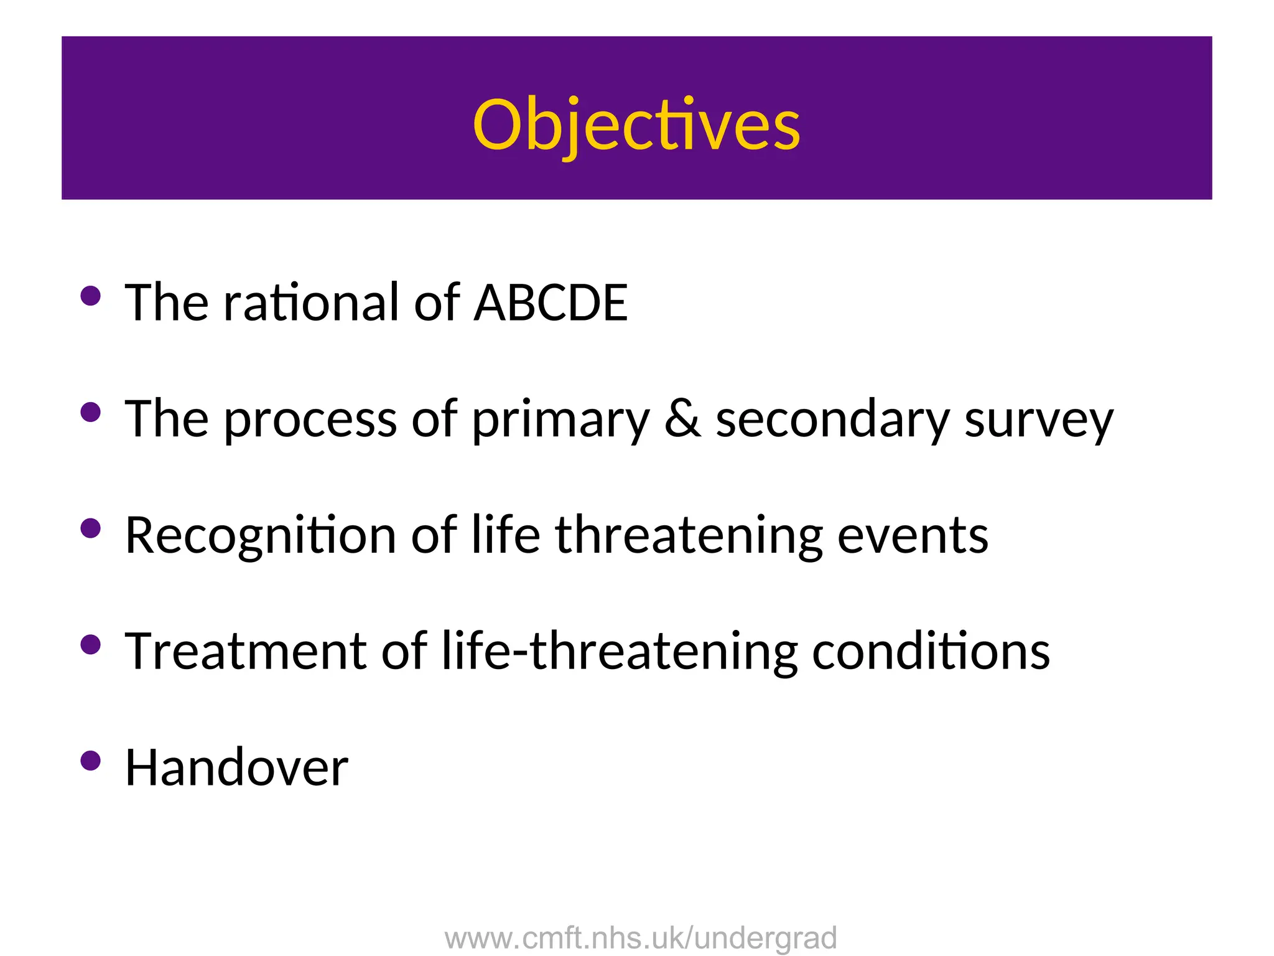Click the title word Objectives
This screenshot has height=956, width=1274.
(x=636, y=124)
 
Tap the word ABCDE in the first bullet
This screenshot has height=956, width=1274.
(x=551, y=302)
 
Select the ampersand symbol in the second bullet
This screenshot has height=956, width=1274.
(x=682, y=419)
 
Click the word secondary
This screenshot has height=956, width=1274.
(x=832, y=419)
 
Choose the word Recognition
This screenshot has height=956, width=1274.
(x=261, y=536)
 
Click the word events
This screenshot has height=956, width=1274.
(x=913, y=536)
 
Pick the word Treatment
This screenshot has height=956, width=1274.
(x=246, y=652)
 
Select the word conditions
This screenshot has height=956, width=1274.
(x=931, y=652)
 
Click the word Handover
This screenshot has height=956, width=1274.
(x=236, y=768)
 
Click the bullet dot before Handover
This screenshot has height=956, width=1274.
(x=91, y=761)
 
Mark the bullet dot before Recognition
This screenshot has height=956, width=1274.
(x=91, y=528)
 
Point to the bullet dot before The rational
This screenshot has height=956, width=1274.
(x=91, y=296)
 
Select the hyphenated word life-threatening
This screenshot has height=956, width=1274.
(x=619, y=652)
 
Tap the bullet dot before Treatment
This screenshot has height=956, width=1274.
(x=91, y=645)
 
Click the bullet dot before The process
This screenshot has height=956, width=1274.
(x=91, y=412)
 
